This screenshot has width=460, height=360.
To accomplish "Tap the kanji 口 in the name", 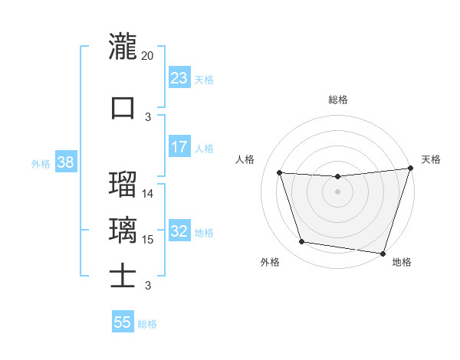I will (x=123, y=106).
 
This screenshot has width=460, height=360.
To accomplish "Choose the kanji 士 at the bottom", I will (x=123, y=276).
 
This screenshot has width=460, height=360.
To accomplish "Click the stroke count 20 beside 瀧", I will (x=148, y=56).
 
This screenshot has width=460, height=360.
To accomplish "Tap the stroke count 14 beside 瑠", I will (x=148, y=194).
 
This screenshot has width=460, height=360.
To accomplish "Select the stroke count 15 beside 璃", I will (x=148, y=240).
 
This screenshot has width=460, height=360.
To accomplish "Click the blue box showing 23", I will (x=179, y=78).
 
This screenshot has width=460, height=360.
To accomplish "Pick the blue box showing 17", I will (x=179, y=147).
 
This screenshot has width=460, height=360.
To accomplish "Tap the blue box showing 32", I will (x=179, y=232).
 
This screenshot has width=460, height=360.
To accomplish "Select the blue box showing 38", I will (x=65, y=162).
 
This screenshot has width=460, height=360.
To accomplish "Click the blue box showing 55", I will (x=123, y=322).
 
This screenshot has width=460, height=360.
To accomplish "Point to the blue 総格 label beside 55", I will (x=147, y=324).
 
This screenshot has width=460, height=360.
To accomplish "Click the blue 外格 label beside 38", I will (x=41, y=163).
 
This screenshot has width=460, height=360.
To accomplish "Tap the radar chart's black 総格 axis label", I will (x=337, y=100).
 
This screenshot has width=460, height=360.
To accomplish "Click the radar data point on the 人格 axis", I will (x=279, y=172).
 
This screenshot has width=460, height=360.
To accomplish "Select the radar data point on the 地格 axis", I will (x=383, y=253).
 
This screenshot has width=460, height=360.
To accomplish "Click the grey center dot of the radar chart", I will (x=337, y=191).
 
